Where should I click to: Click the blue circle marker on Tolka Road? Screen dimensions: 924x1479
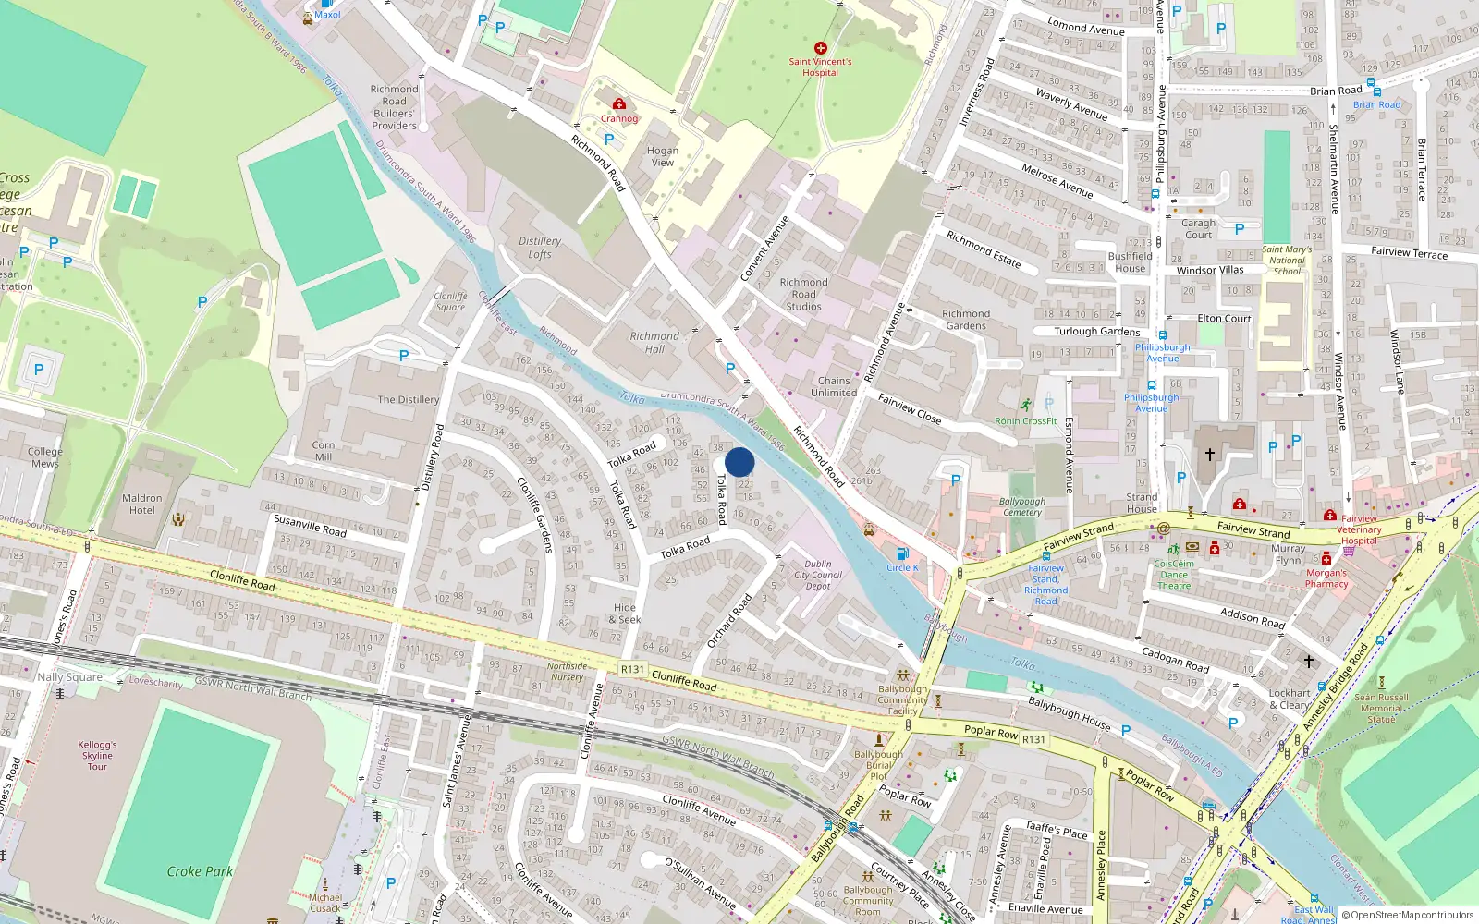point(739,462)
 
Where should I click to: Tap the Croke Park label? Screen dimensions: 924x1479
point(200,871)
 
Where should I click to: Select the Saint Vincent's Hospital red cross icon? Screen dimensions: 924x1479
point(820,48)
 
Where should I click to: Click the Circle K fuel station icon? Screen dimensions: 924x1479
point(902,554)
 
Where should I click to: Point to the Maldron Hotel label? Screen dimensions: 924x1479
point(142,505)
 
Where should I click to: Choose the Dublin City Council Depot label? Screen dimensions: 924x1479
point(818,575)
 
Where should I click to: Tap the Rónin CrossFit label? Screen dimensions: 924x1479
point(1026,421)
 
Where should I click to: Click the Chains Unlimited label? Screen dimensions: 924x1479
point(834,386)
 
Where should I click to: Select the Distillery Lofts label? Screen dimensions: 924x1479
point(540,248)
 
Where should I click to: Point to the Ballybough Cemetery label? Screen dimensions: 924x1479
point(1022,506)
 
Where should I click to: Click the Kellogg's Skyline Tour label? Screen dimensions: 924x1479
point(97,755)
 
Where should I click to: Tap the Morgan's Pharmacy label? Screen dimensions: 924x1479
point(1326,578)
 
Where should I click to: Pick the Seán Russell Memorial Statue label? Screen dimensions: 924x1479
point(1382,708)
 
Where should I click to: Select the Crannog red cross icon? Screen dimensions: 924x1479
point(619,104)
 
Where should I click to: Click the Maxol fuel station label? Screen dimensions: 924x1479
point(327,15)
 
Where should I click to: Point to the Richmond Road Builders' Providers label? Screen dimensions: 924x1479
point(394,107)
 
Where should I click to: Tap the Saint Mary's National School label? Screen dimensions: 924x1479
point(1287,260)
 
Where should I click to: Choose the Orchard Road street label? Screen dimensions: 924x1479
point(729,621)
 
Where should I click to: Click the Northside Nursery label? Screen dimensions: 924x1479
point(567,671)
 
